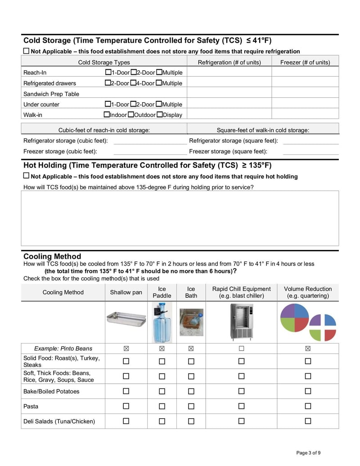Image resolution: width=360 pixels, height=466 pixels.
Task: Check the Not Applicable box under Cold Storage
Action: point(26,51)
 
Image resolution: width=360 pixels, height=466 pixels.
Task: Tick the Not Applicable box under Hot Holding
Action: point(26,176)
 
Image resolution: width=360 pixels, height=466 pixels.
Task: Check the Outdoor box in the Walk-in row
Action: point(131,114)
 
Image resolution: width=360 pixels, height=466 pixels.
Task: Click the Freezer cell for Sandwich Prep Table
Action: point(305,94)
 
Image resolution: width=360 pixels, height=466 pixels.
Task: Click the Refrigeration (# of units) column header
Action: point(229,62)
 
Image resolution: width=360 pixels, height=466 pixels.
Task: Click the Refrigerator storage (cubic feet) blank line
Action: point(149,141)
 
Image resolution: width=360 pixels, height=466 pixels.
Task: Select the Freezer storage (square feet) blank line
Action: point(310,151)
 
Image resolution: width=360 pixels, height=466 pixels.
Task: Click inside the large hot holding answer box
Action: point(180,218)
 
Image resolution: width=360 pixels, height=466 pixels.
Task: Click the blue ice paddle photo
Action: point(162,322)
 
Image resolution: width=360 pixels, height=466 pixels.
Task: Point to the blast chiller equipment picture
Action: point(241,321)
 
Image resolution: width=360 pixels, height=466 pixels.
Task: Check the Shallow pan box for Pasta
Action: point(126,406)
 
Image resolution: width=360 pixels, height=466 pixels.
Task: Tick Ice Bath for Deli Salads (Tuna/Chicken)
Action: point(191,421)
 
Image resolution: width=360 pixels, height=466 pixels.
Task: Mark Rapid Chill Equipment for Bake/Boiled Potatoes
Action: point(241,391)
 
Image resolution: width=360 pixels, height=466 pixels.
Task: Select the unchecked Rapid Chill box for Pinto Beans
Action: point(241,348)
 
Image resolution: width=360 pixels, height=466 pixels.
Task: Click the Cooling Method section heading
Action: point(52,256)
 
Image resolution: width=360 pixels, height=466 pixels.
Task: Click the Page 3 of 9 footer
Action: point(308,452)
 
